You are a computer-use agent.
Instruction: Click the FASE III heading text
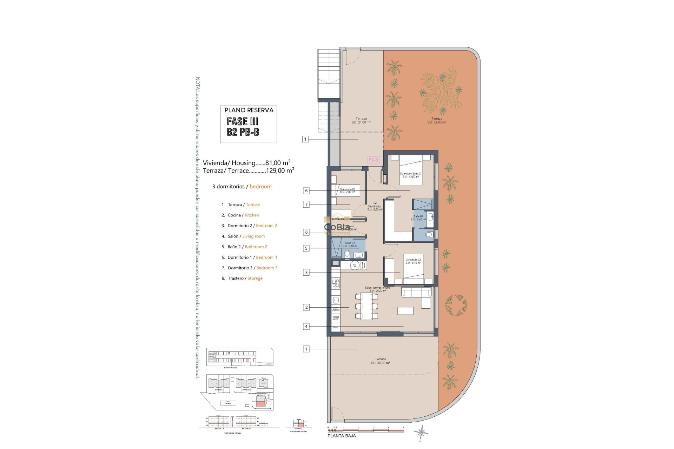click(x=242, y=121)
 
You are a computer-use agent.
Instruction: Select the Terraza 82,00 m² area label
click(x=437, y=120)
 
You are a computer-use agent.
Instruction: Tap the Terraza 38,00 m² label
click(x=381, y=361)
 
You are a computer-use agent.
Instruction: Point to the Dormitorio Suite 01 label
click(x=410, y=175)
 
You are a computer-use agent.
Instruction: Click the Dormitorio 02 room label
click(x=413, y=261)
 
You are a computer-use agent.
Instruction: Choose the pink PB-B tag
click(x=373, y=160)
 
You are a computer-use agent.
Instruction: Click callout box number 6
click(x=306, y=191)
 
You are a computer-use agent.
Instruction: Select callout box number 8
click(x=306, y=232)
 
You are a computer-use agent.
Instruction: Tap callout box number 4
click(x=306, y=326)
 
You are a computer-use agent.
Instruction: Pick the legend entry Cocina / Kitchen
click(x=243, y=215)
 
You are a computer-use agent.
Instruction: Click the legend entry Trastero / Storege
click(x=245, y=278)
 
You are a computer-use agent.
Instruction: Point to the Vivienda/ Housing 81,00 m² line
click(x=246, y=163)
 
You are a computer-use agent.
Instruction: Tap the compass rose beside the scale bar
click(x=421, y=432)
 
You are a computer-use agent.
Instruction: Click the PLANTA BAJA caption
click(x=341, y=436)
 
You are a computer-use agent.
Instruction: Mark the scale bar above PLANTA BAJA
click(x=365, y=430)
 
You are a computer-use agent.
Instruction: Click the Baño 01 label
click(x=418, y=218)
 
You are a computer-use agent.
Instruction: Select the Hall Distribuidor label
click(x=375, y=206)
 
